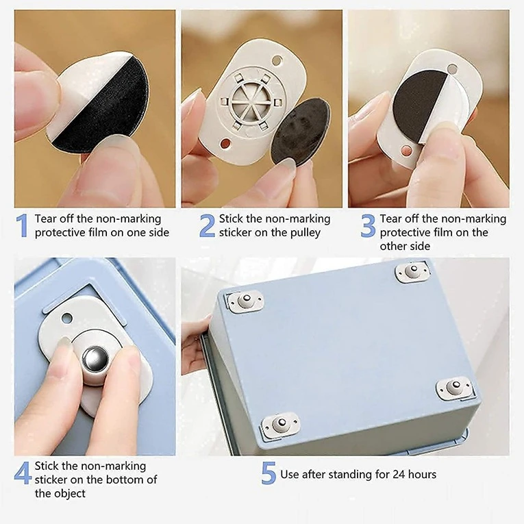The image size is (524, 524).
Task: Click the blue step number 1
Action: [22, 225]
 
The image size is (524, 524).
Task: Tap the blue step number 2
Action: [207, 225]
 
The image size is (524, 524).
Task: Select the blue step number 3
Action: [369, 225]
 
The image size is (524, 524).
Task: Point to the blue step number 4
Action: [23, 473]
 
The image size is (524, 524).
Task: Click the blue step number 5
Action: [269, 473]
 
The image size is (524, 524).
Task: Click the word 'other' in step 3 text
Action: [396, 246]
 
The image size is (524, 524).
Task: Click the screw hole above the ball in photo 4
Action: [67, 318]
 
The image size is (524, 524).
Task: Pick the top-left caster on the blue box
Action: [245, 301]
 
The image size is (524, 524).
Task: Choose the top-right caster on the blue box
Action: [413, 272]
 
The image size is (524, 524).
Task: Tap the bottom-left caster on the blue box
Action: [279, 425]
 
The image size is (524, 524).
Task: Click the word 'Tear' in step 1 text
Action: [48, 219]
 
